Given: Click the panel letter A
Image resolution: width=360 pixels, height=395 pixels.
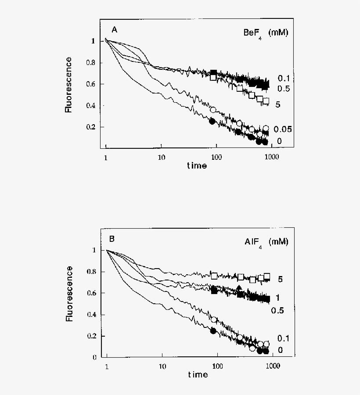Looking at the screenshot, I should (114, 30).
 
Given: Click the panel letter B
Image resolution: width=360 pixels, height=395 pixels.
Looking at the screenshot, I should (112, 239).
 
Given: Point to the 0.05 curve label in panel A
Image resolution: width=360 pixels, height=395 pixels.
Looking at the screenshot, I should (283, 129).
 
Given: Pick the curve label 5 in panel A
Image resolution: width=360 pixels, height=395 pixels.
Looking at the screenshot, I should (278, 105).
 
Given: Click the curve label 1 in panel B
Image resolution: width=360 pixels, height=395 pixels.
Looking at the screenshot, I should (277, 298).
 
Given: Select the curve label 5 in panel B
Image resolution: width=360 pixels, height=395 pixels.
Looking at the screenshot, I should (279, 279).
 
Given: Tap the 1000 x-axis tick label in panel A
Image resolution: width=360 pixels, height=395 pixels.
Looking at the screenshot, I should (272, 157).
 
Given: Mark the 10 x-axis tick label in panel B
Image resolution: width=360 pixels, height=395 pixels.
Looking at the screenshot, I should (162, 366).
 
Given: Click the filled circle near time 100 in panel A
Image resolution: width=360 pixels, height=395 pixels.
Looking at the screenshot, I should (212, 121).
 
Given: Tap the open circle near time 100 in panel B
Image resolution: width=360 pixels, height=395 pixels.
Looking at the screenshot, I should (214, 320).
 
